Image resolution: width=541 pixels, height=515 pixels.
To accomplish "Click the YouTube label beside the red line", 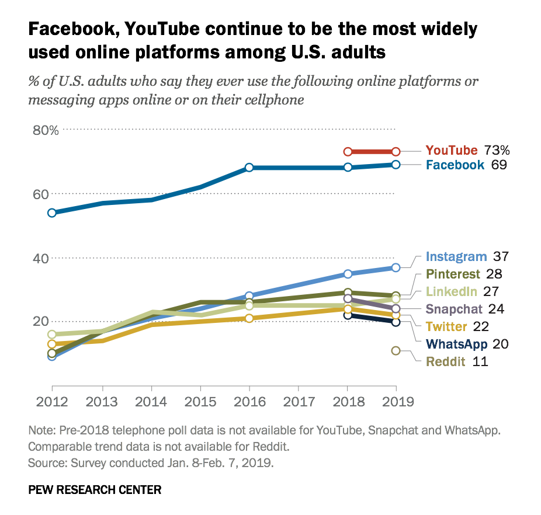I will [452, 151].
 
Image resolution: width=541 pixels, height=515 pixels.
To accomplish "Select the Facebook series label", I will [455, 165].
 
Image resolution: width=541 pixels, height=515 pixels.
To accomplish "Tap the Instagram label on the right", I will [456, 256].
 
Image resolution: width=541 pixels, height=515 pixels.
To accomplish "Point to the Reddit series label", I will [446, 361].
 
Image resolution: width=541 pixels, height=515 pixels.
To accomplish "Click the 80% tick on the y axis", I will [46, 130].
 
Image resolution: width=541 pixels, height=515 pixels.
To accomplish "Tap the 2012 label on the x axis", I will [53, 402].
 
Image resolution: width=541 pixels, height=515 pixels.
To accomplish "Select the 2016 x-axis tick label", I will [249, 402].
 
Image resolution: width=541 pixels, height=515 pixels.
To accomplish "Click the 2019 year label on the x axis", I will [396, 402].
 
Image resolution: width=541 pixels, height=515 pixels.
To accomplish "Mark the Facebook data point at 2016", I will [249, 168].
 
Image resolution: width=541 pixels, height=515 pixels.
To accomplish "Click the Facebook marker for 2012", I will [52, 213].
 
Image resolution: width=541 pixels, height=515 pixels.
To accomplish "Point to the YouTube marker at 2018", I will [347, 152].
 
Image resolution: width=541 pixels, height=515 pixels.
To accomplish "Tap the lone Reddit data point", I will [396, 351].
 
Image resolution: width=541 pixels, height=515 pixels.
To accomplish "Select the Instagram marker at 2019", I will [396, 267].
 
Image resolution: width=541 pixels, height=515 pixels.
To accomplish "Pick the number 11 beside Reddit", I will [481, 361].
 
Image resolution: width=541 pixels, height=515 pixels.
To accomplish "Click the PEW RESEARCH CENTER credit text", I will [95, 489].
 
